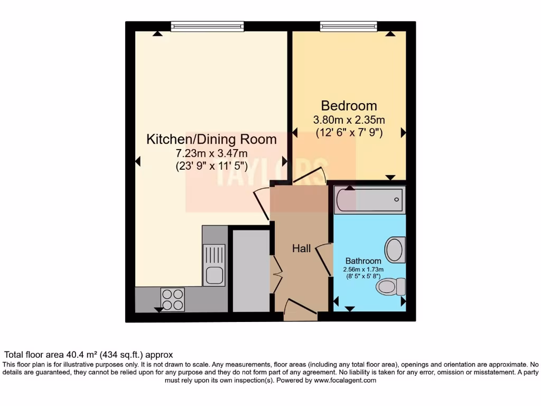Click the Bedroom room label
click(x=349, y=105)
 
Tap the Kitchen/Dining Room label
click(x=211, y=140)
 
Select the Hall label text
click(x=302, y=248)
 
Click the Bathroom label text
click(x=363, y=261)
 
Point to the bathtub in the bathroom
click(x=370, y=199)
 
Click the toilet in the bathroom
click(x=390, y=287)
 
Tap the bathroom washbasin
click(x=395, y=250)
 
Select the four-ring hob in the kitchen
click(x=172, y=300)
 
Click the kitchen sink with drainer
click(x=214, y=264)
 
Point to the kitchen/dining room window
click(x=207, y=26)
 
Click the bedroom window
click(x=348, y=26)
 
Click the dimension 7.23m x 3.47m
click(x=211, y=153)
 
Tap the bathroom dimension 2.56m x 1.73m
click(x=363, y=270)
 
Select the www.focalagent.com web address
click(x=344, y=380)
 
